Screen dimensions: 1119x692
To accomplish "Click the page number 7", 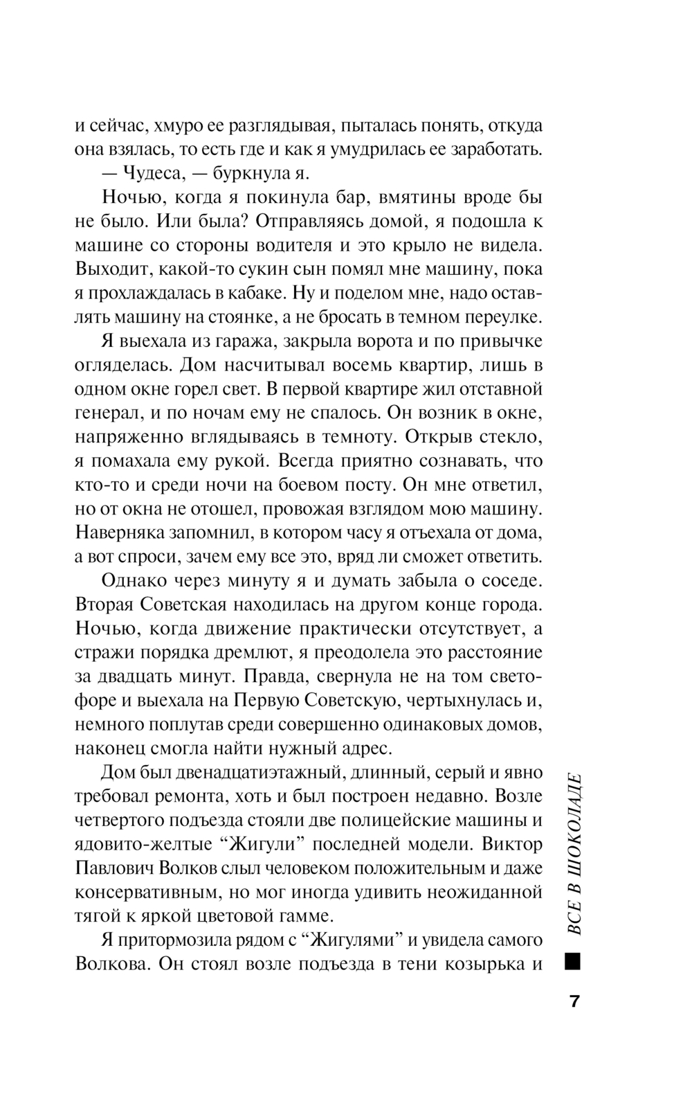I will click(574, 1002).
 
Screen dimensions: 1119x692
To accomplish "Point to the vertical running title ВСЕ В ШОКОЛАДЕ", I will click(574, 854).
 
